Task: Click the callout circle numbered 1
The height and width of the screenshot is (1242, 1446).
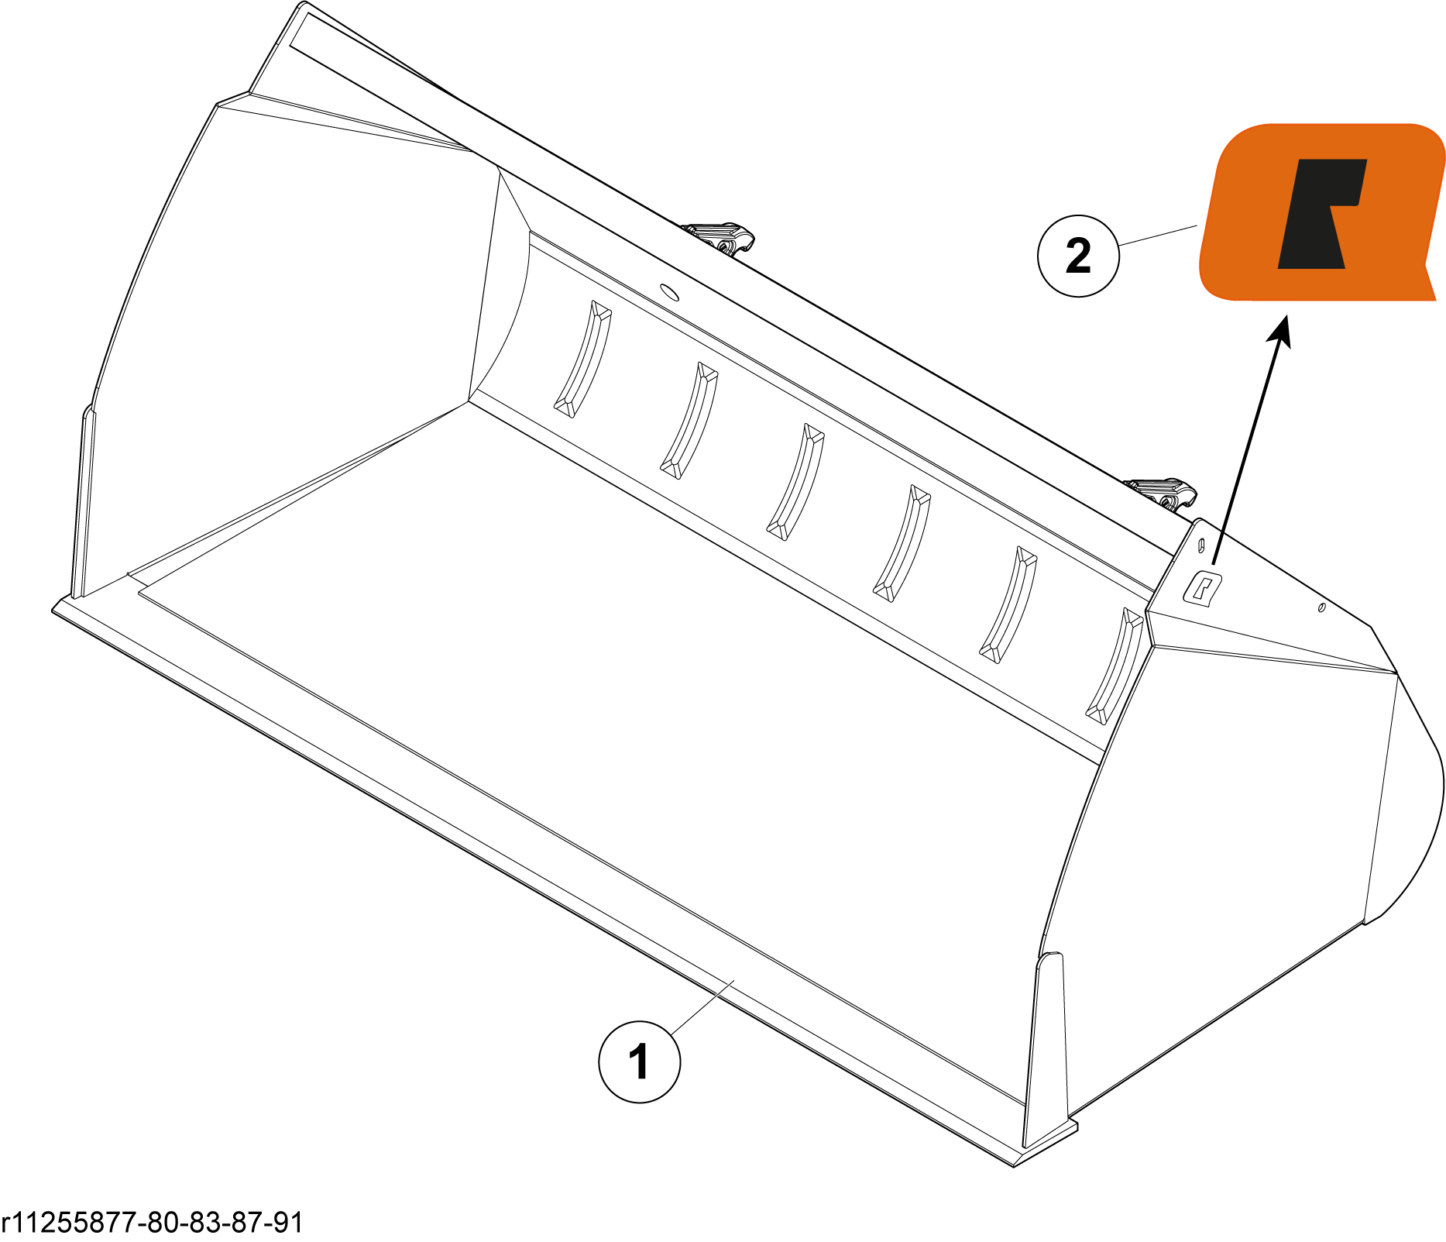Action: click(x=639, y=1061)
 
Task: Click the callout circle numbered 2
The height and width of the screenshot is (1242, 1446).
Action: click(x=1078, y=256)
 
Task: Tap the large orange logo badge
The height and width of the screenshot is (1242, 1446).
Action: click(x=1321, y=212)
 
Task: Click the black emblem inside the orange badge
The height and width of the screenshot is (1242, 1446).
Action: click(x=1321, y=214)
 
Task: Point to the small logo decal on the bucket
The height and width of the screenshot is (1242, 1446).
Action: click(x=1202, y=590)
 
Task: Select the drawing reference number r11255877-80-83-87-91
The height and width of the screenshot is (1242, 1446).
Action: click(x=153, y=1222)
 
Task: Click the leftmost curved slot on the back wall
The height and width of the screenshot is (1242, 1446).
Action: click(x=583, y=359)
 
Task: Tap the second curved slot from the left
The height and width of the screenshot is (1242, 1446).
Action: click(x=689, y=421)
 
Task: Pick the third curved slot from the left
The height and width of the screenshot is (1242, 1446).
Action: click(x=795, y=482)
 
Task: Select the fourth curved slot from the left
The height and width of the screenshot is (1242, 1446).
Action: click(x=902, y=543)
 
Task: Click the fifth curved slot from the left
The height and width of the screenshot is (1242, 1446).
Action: click(x=1008, y=605)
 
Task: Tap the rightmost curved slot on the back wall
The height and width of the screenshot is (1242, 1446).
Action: click(x=1114, y=666)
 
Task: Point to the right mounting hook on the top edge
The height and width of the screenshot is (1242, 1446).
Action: click(x=1161, y=494)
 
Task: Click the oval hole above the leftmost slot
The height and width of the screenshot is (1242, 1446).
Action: click(x=669, y=293)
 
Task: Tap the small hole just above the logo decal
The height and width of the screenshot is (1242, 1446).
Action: click(x=1201, y=544)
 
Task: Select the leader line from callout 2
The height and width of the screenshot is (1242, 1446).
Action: click(x=1159, y=236)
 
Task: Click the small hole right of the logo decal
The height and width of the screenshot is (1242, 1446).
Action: click(x=1321, y=607)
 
